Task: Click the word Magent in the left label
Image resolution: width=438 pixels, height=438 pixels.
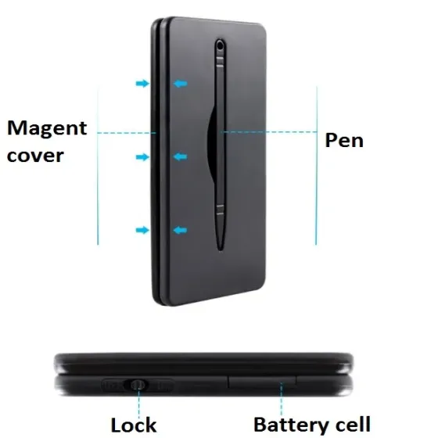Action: [x=47, y=128]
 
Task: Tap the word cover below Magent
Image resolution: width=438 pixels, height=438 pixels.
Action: [x=35, y=156]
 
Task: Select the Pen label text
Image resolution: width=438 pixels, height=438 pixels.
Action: [x=344, y=140]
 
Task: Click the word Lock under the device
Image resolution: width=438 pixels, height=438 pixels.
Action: [x=134, y=425]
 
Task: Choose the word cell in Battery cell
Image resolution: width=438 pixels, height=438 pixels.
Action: [x=353, y=424]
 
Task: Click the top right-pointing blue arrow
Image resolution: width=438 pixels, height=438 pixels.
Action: [x=142, y=83]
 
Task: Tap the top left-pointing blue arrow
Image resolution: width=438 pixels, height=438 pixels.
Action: [x=180, y=83]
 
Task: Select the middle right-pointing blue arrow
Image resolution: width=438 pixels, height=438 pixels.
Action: [x=142, y=157]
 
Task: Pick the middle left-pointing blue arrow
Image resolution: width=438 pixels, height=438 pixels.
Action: [x=180, y=156]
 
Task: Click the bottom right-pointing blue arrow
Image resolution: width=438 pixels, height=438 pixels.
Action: [x=142, y=230]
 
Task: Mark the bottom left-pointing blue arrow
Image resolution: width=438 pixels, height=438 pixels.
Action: [x=180, y=230]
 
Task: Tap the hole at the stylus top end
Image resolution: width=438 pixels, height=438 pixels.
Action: [x=220, y=45]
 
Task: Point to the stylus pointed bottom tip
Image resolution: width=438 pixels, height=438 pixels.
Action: [x=221, y=250]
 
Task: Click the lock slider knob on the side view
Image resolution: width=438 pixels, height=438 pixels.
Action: [x=138, y=385]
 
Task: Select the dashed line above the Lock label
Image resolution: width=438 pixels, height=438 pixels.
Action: [x=139, y=404]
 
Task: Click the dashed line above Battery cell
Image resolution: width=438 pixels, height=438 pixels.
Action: [x=282, y=400]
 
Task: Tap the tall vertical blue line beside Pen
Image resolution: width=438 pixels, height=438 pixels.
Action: [x=317, y=166]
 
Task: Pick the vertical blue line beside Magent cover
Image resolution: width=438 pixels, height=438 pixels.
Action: [x=98, y=166]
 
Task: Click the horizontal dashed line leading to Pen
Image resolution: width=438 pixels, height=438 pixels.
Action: [x=269, y=131]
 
